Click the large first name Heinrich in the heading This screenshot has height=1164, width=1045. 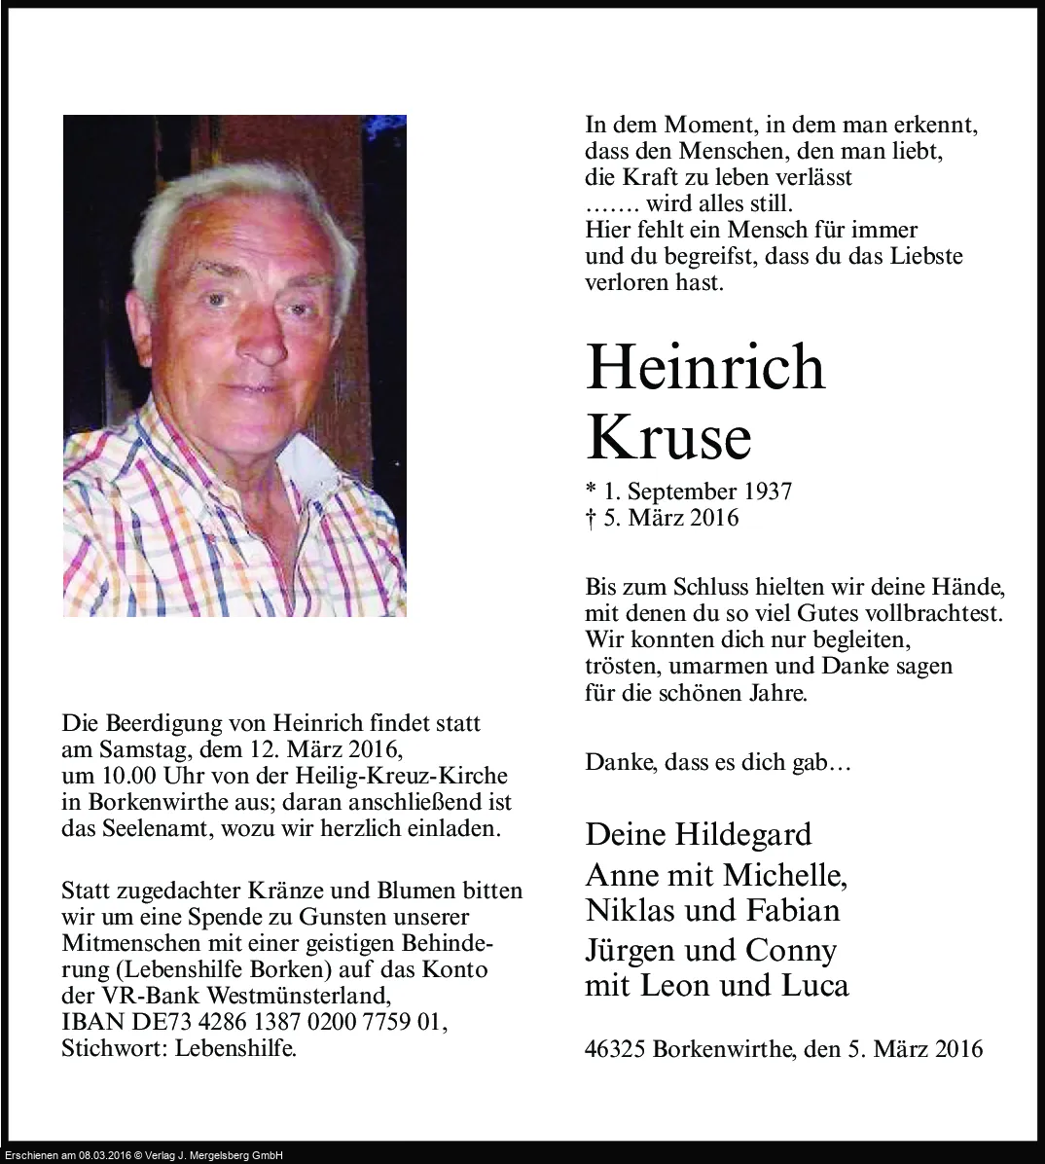705,368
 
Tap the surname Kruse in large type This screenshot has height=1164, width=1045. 668,438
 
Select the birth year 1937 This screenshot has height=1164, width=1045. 766,491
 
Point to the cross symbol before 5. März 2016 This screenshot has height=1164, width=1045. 591,518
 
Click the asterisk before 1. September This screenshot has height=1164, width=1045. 591,490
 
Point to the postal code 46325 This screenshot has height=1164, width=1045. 616,1049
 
